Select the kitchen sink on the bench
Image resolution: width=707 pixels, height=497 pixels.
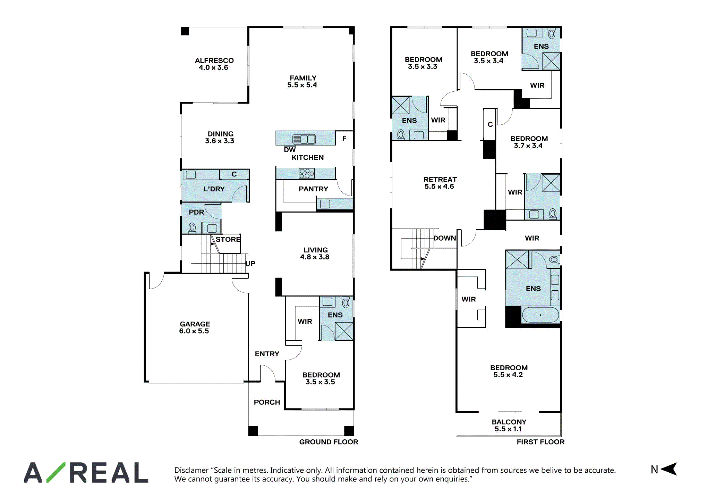pos(304,139)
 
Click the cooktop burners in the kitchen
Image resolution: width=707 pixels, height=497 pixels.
pos(307,173)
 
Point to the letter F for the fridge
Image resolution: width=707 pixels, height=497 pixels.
pos(344,138)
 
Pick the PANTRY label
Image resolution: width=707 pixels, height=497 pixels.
pos(313,189)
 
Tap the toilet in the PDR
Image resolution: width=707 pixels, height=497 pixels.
pos(192,228)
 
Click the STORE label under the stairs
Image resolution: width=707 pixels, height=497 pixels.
pos(228,239)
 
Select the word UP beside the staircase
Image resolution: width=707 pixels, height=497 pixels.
pos(250,264)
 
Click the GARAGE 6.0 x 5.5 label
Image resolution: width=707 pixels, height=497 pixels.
pos(195,328)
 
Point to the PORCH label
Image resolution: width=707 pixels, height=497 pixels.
pos(267,402)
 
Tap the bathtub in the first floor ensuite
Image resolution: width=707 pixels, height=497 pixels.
pos(540,315)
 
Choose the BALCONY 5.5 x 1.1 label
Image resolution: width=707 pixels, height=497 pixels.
pos(509,425)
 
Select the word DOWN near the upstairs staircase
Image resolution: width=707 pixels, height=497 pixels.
pos(445,238)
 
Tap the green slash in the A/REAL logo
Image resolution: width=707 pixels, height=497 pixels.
pos(56,472)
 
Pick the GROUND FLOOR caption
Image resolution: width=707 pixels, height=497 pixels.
pos(329,442)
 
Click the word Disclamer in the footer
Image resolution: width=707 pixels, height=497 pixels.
pos(191,470)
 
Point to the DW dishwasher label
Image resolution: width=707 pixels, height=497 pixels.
pos(290,150)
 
